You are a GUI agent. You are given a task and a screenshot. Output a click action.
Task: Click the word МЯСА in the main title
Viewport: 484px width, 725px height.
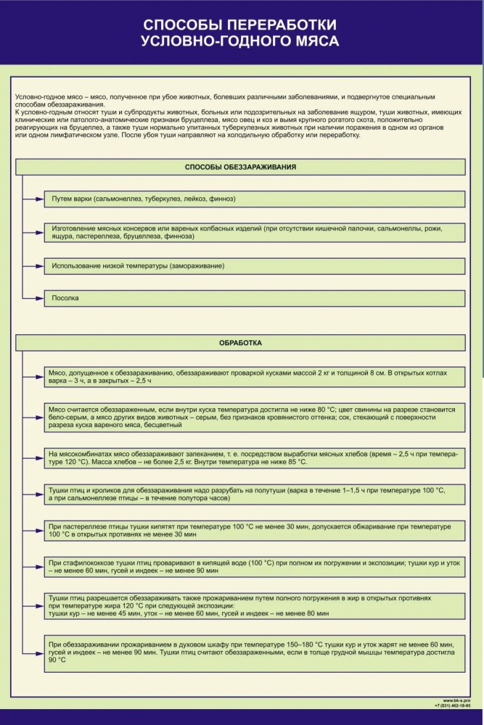pyautogui.click(x=315, y=41)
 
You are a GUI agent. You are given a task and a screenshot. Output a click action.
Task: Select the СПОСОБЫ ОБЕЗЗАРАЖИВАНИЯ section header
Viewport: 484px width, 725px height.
pyautogui.click(x=240, y=167)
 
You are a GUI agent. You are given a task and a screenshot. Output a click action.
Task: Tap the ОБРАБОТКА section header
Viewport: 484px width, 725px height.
pyautogui.click(x=240, y=343)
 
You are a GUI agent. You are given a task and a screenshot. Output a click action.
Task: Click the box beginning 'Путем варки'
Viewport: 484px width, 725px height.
pyautogui.click(x=254, y=199)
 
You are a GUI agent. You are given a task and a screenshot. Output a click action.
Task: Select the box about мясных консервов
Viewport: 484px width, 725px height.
pyautogui.click(x=254, y=232)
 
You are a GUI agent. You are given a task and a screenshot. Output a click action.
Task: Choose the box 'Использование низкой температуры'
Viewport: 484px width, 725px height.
pyautogui.click(x=254, y=266)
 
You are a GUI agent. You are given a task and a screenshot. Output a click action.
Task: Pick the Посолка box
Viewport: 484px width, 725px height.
pyautogui.click(x=254, y=298)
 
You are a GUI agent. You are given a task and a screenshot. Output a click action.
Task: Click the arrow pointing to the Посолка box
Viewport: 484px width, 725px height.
pyautogui.click(x=33, y=298)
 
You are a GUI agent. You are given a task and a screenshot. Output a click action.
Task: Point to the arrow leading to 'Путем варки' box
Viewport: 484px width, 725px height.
pyautogui.click(x=33, y=199)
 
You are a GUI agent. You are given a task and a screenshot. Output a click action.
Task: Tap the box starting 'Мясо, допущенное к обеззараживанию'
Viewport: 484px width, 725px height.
pyautogui.click(x=254, y=376)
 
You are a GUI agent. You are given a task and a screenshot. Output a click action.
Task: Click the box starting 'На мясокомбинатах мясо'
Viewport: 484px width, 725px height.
pyautogui.click(x=254, y=458)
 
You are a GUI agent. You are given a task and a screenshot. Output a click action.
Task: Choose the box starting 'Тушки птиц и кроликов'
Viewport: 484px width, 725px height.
pyautogui.click(x=254, y=494)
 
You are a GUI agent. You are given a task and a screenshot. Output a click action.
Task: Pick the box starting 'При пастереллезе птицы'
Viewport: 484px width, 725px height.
pyautogui.click(x=254, y=530)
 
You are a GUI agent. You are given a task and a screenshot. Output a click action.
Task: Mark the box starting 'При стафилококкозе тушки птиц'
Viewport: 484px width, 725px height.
pyautogui.click(x=254, y=566)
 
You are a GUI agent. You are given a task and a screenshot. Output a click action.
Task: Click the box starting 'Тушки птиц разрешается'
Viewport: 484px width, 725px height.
pyautogui.click(x=254, y=606)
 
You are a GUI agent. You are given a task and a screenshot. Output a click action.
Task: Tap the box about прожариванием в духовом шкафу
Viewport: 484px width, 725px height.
pyautogui.click(x=254, y=652)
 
